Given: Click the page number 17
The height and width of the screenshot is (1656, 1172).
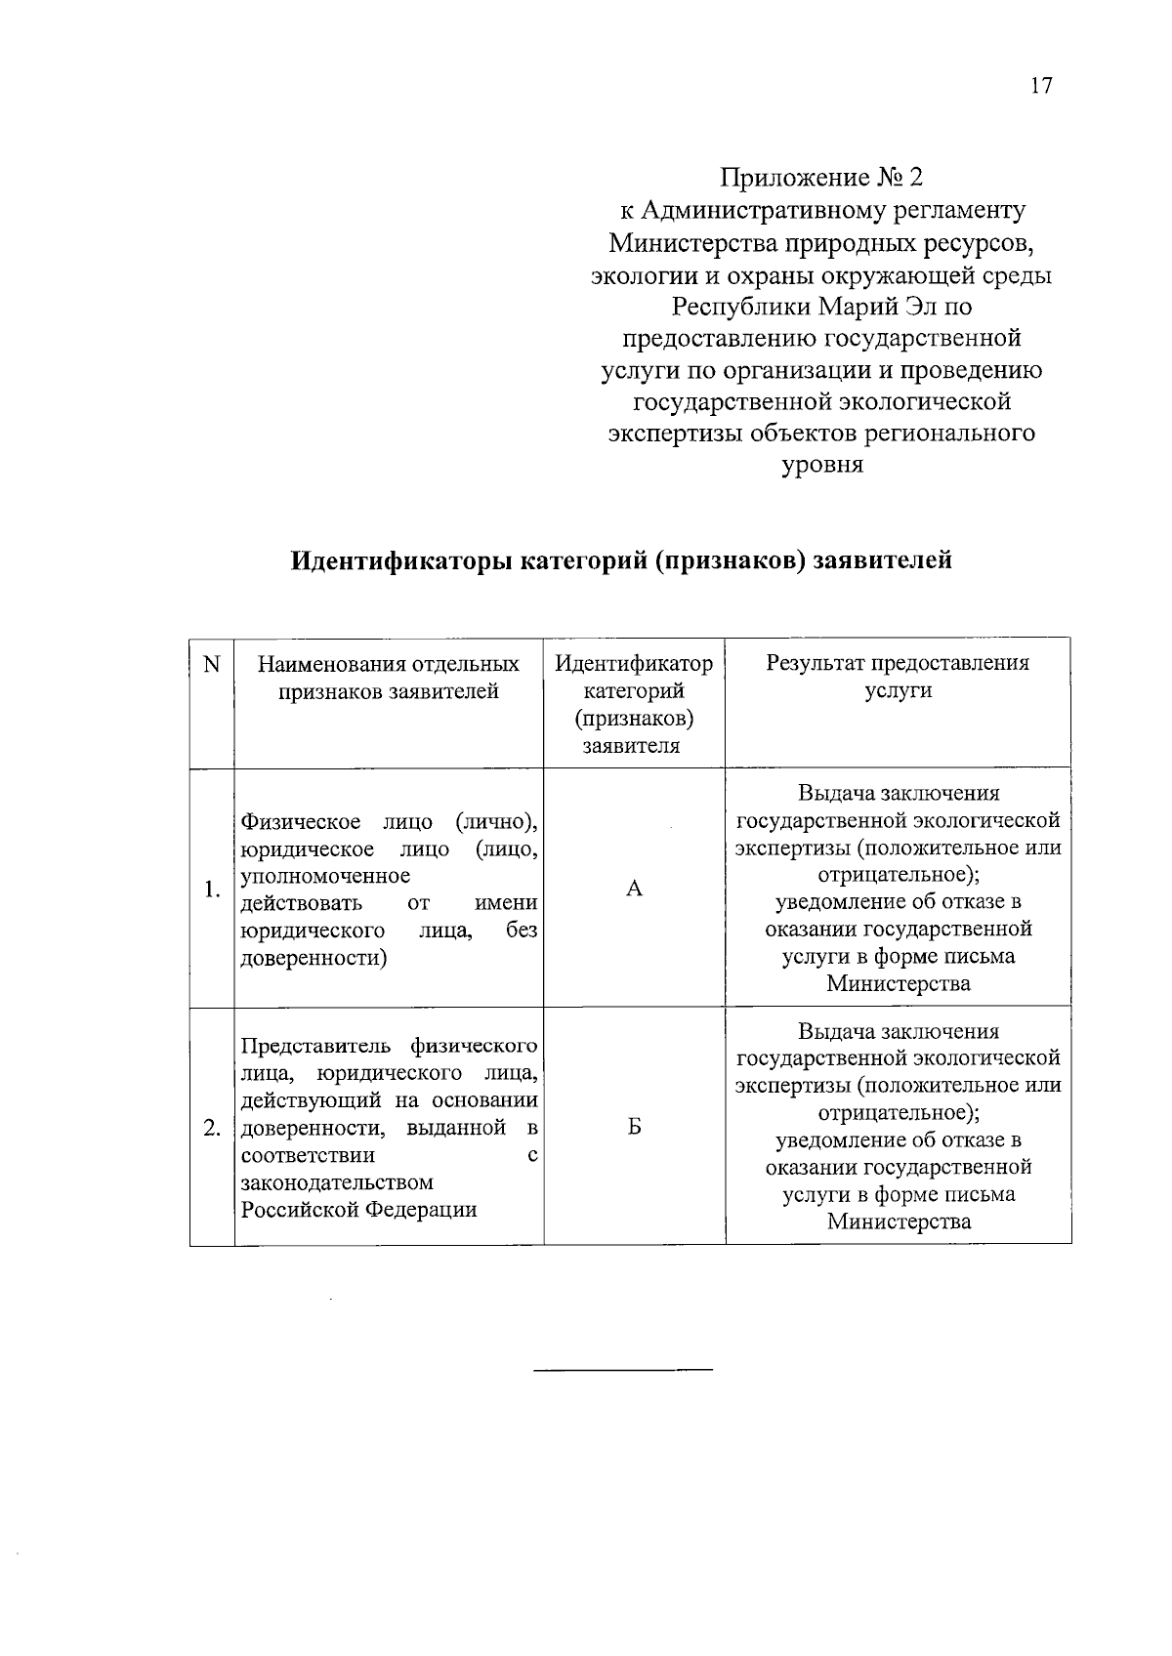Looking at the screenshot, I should [x=1041, y=86].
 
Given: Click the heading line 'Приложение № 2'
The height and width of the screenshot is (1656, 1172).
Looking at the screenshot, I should [x=821, y=178].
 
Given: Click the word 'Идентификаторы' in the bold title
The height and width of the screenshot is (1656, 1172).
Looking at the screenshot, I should [x=400, y=561].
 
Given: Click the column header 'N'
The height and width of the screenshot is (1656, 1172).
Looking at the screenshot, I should [x=211, y=664].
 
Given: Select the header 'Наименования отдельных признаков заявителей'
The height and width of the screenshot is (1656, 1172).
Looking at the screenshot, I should [x=388, y=678].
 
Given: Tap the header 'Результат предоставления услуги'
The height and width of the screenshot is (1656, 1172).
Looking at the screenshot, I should [x=898, y=677].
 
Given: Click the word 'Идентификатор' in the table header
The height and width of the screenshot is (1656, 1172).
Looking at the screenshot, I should [x=634, y=664].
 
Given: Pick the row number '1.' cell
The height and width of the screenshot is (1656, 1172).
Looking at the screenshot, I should [x=211, y=890].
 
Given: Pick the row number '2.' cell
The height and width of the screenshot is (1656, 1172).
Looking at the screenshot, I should [x=211, y=1129].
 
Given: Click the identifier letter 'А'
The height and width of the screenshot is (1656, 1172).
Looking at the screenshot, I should [x=634, y=889].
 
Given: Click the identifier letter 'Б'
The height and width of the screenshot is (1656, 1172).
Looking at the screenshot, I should [x=634, y=1128].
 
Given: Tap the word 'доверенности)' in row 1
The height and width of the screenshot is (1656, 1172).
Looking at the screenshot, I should [x=314, y=958].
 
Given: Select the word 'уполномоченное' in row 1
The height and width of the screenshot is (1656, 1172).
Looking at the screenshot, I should [x=325, y=876].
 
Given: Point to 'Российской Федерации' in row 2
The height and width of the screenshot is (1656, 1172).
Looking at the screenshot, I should [x=358, y=1210].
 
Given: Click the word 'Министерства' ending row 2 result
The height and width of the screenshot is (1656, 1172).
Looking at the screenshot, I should [x=899, y=1221].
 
